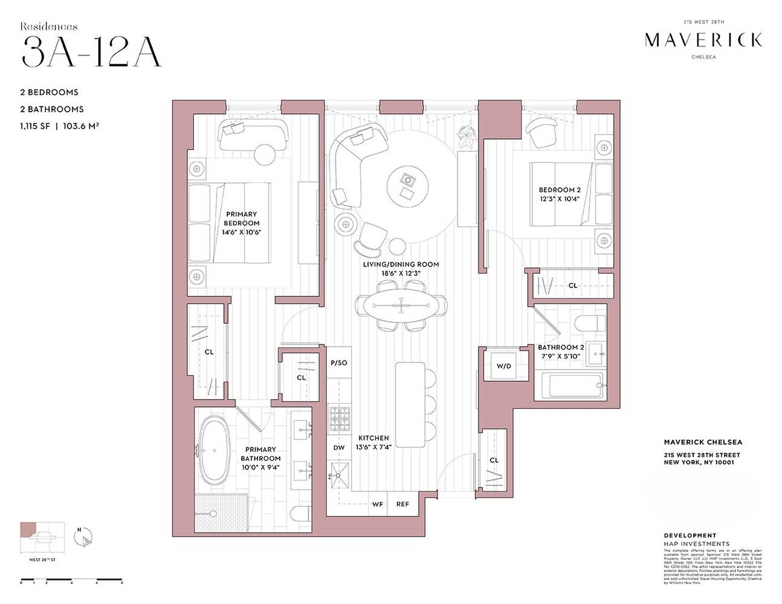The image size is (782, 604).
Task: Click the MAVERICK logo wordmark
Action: pyautogui.click(x=703, y=40)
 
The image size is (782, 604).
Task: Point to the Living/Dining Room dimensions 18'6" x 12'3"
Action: pyautogui.click(x=401, y=273)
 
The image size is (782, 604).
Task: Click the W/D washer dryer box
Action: pyautogui.click(x=503, y=366)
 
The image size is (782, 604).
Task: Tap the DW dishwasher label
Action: pyautogui.click(x=338, y=448)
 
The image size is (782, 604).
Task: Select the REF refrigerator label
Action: pyautogui.click(x=402, y=504)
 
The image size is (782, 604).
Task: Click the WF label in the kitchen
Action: pyautogui.click(x=377, y=504)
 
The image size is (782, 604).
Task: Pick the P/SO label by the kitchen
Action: pyautogui.click(x=338, y=363)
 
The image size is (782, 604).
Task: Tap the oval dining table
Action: pyautogui.click(x=401, y=306)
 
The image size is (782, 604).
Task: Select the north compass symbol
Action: pyautogui.click(x=84, y=537)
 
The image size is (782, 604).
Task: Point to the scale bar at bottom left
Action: pyautogui.click(x=71, y=582)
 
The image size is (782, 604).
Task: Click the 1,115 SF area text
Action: pyautogui.click(x=36, y=126)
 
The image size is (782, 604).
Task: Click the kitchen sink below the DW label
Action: pyautogui.click(x=338, y=477)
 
